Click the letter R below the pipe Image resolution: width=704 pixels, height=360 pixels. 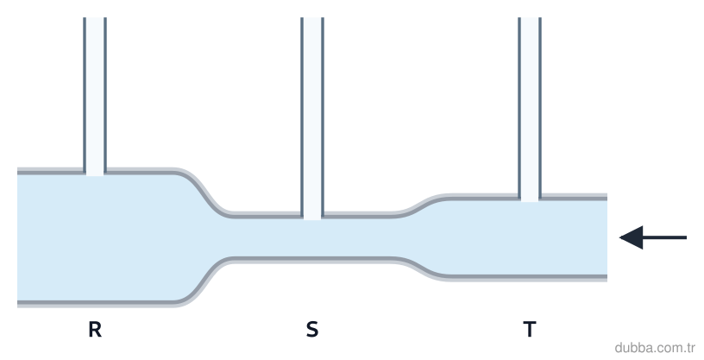pos(95,330)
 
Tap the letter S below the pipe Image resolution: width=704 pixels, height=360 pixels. pos(312,330)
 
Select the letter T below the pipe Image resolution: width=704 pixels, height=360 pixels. pos(530,330)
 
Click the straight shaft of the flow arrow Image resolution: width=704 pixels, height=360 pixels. pos(664,237)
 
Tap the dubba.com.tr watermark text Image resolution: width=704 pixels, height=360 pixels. pos(655,348)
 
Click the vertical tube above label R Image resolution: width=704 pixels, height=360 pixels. pos(95,96)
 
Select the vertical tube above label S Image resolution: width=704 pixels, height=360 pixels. pos(312,118)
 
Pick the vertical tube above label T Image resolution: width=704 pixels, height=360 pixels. pos(530,110)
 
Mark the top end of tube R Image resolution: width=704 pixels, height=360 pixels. pos(95,18)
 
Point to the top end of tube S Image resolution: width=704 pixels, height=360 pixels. pos(312,18)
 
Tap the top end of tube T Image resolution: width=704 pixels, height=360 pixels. pos(530,18)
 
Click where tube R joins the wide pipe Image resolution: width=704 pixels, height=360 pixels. pos(95,173)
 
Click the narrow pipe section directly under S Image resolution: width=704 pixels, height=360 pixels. pos(312,237)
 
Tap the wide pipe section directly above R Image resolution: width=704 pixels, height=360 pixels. pos(95,237)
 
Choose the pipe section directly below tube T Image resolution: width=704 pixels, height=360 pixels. pos(530,237)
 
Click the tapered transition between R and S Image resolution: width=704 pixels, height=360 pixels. pos(203,237)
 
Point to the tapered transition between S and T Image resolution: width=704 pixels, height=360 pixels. pos(422,237)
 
